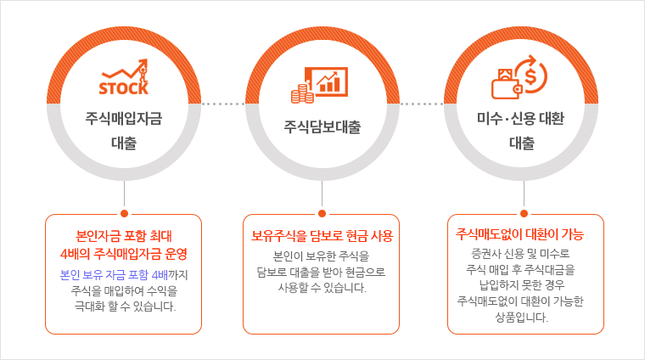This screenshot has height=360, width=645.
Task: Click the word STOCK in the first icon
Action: (123, 88)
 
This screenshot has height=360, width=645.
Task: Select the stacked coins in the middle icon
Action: (302, 93)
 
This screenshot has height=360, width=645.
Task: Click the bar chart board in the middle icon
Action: (328, 82)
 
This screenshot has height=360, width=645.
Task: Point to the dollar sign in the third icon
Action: (531, 76)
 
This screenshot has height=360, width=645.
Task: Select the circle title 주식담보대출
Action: (322, 127)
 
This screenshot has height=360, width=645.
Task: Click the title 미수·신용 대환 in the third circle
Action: (520, 119)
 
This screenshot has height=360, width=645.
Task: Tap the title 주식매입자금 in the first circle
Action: (124, 119)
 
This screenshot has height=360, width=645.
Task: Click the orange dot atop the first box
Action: (124, 213)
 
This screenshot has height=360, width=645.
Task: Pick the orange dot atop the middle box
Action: (322, 213)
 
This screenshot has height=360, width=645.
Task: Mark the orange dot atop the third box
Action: (524, 213)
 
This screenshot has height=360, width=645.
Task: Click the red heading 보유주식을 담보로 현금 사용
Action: (322, 236)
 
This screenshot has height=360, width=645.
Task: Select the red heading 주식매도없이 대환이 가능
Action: (520, 234)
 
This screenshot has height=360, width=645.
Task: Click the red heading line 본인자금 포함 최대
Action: (124, 236)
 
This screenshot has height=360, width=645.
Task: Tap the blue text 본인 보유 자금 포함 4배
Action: (114, 275)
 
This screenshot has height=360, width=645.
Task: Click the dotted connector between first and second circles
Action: (223, 104)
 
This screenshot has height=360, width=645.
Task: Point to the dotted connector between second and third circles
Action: (422, 104)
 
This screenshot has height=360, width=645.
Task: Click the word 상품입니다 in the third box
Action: (522, 318)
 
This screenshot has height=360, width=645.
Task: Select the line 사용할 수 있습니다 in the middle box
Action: (322, 288)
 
